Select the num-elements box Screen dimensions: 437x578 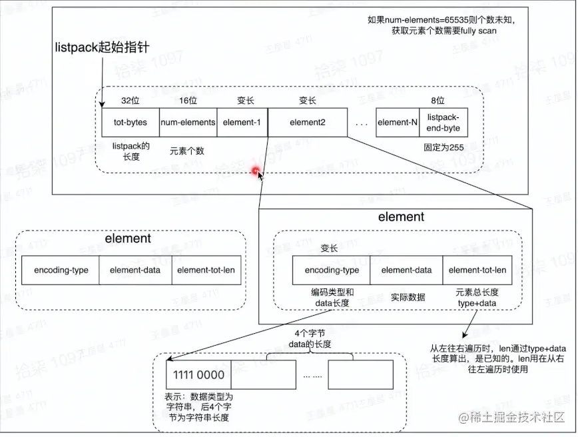point(188,123)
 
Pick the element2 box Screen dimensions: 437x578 point(307,123)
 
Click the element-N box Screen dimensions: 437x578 point(397,123)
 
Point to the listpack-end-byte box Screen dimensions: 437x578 point(443,123)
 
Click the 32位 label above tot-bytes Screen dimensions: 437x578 point(131,101)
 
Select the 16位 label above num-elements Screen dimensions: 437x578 point(188,101)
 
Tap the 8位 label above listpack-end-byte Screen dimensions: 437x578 point(437,101)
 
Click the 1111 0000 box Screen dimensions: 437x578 point(198,374)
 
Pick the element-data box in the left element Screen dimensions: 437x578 point(135,270)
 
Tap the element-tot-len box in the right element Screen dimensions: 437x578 point(477,270)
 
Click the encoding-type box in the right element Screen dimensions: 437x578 point(332,270)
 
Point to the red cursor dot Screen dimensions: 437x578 point(256,173)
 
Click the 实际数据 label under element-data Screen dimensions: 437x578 point(408,297)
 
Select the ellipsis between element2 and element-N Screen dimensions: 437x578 point(361,123)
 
